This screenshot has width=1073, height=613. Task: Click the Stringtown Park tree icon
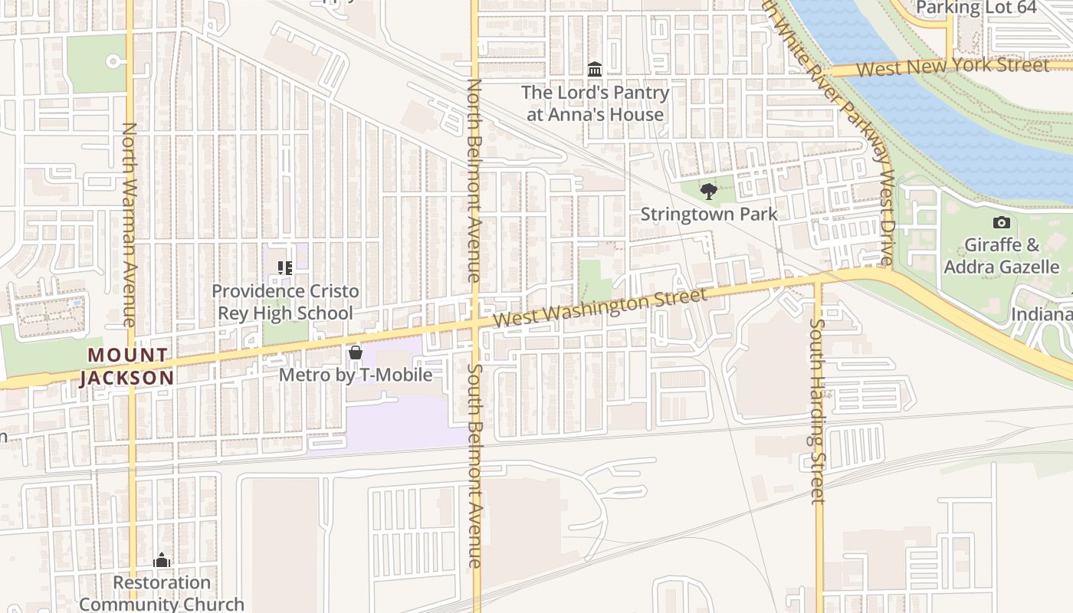[709, 192]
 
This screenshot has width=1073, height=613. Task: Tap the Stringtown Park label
[709, 214]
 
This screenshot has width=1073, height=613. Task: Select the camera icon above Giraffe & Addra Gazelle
[1001, 223]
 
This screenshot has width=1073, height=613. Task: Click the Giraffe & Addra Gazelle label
[1001, 256]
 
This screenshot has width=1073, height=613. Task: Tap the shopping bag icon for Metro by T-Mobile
[355, 352]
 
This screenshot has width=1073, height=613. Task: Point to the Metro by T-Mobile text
[355, 375]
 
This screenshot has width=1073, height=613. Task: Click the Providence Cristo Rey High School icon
[285, 268]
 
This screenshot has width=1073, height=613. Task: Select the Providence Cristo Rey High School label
[285, 302]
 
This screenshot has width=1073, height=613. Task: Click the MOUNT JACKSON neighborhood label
[127, 366]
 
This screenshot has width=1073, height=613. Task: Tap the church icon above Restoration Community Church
[161, 560]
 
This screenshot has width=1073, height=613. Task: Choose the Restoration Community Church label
[161, 593]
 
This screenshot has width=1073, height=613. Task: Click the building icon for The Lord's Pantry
[595, 70]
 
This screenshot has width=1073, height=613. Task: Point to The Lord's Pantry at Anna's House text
[595, 103]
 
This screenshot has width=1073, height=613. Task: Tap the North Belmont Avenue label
[474, 180]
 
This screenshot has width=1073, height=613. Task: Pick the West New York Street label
[952, 67]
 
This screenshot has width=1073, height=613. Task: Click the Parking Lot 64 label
[976, 8]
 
